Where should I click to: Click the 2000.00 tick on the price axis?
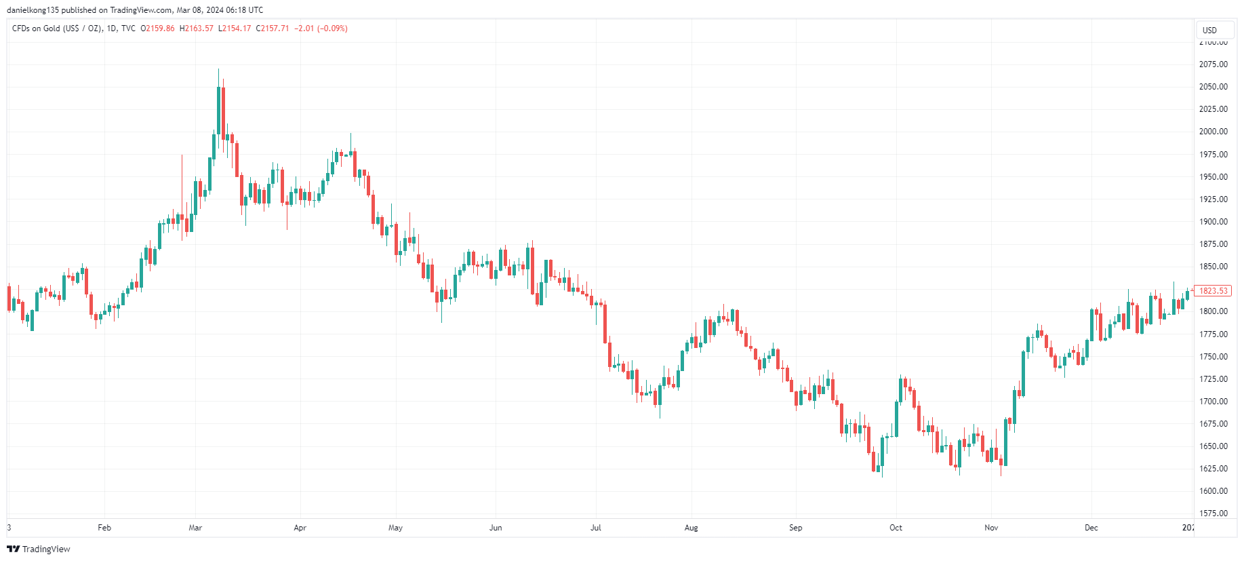tap(1213, 132)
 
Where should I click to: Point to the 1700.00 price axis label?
tap(1213, 402)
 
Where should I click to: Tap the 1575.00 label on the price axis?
tap(1213, 514)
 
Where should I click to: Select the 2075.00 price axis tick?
tap(1213, 64)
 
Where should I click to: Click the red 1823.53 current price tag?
tap(1213, 291)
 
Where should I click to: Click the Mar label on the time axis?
tap(195, 528)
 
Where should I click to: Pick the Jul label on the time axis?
tap(595, 528)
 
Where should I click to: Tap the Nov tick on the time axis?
tap(991, 528)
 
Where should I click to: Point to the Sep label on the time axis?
tap(795, 528)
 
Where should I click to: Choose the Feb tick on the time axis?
tap(104, 528)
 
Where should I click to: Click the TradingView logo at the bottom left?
tap(39, 549)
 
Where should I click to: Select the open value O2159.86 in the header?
tap(157, 28)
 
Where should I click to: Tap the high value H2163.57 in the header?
tap(197, 28)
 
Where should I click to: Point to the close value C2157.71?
tap(273, 28)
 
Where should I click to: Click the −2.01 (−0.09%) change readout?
tap(321, 28)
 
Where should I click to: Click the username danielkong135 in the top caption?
tap(33, 10)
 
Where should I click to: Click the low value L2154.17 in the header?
tap(235, 28)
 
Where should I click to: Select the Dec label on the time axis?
tap(1091, 528)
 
